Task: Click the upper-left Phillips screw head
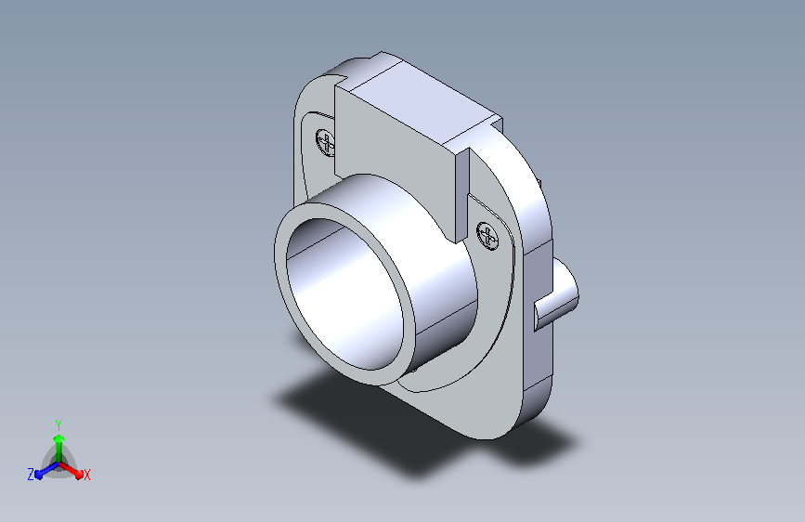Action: coord(326,142)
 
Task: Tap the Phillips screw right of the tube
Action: coord(487,236)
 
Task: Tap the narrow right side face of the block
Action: coord(462,195)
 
